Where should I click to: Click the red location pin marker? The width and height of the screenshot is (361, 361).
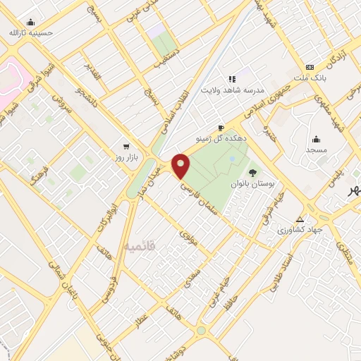click(181, 166)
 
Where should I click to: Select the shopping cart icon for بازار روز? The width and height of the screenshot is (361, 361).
click(126, 147)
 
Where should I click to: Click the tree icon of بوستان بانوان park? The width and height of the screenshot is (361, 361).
click(252, 171)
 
